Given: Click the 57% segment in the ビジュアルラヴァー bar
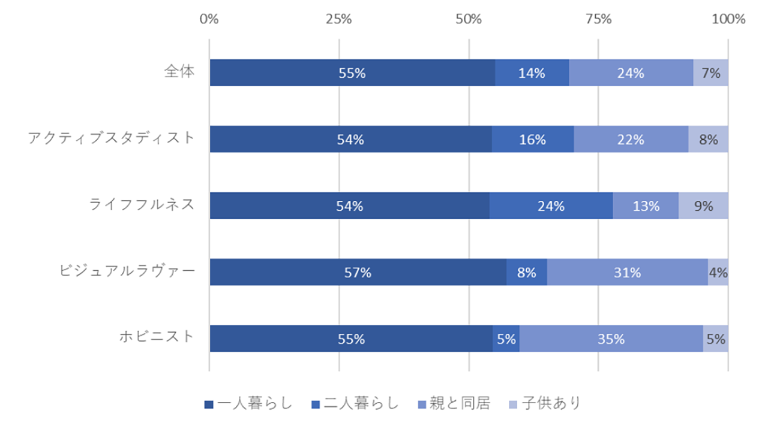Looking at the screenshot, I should click(x=358, y=272).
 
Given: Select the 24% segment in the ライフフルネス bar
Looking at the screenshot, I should click(x=551, y=206).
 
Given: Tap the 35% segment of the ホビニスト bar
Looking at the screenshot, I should click(x=611, y=339).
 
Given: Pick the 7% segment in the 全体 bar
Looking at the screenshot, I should click(x=710, y=72).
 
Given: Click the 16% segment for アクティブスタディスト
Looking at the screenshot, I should click(x=533, y=139).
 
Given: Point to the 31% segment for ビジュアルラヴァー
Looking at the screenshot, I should click(x=627, y=272).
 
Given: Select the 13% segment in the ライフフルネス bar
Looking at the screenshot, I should click(x=646, y=206).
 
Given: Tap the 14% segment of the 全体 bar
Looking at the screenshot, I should click(x=532, y=72).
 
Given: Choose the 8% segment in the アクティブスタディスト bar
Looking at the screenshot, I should click(x=708, y=139).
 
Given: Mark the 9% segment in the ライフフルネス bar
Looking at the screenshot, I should click(x=703, y=206).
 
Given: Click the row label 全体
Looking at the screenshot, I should click(x=180, y=72).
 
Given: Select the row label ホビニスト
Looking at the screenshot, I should click(x=157, y=337).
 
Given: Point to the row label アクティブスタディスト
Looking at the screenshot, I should click(x=112, y=138).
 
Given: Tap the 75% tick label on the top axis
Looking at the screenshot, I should click(x=598, y=19).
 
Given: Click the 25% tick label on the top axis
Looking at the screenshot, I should click(x=339, y=19).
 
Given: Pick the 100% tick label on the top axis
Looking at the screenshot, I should click(x=728, y=19).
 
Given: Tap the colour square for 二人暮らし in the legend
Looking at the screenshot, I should click(x=316, y=404).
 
